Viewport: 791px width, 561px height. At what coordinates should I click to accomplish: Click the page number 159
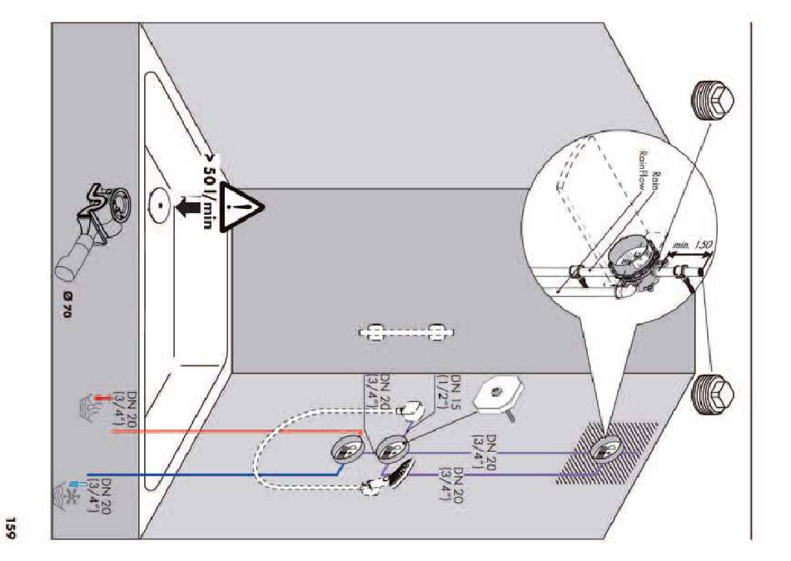(18, 529)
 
